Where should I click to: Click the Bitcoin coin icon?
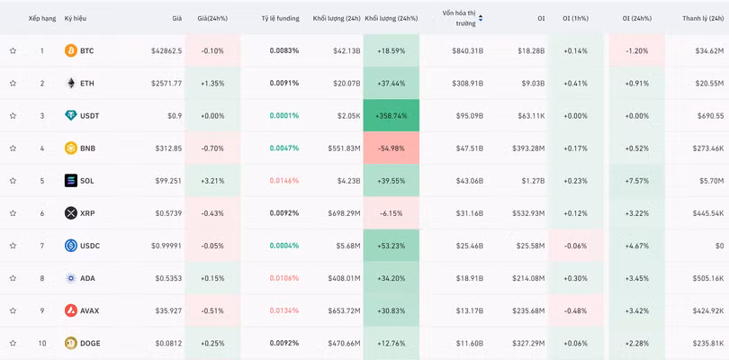click(71, 50)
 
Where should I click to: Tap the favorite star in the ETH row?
click(13, 84)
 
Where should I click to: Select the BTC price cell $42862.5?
click(166, 50)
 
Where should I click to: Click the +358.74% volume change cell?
click(391, 115)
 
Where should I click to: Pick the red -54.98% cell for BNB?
click(391, 148)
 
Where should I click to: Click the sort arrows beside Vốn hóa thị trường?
click(481, 19)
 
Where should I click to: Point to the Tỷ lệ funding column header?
click(280, 19)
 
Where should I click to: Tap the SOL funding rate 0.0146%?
click(284, 181)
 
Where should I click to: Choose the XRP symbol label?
click(87, 213)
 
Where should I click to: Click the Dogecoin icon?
click(71, 343)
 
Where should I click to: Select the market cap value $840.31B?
click(468, 50)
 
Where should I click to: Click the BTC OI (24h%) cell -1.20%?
click(637, 50)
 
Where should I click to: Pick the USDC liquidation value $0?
click(720, 246)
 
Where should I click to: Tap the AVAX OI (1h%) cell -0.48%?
click(575, 310)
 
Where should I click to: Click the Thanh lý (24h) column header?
click(703, 19)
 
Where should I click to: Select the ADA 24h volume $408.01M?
click(344, 278)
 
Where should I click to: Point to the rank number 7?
click(41, 246)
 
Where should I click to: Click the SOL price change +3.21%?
click(212, 181)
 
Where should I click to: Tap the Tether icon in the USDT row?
click(71, 115)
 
